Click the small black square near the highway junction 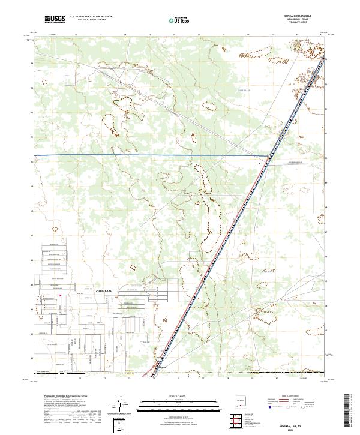260,163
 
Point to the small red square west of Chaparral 60,295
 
